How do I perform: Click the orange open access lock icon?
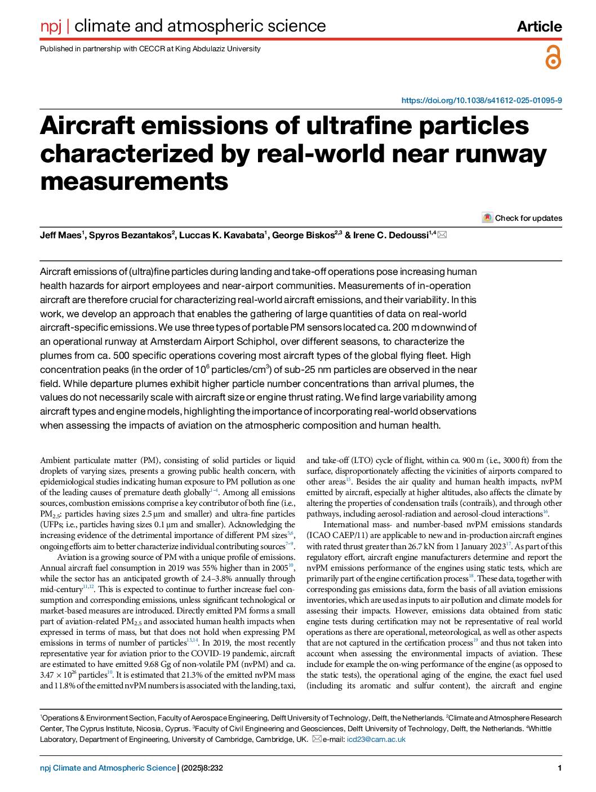click(x=553, y=58)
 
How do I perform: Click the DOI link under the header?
click(x=481, y=100)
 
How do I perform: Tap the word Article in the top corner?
click(x=539, y=26)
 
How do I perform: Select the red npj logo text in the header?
click(x=51, y=26)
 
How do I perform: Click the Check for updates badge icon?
click(x=487, y=218)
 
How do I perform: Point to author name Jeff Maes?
click(x=60, y=235)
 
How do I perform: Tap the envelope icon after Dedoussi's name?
click(x=442, y=235)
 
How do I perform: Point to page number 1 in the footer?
click(x=559, y=768)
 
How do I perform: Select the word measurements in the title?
click(x=134, y=181)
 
